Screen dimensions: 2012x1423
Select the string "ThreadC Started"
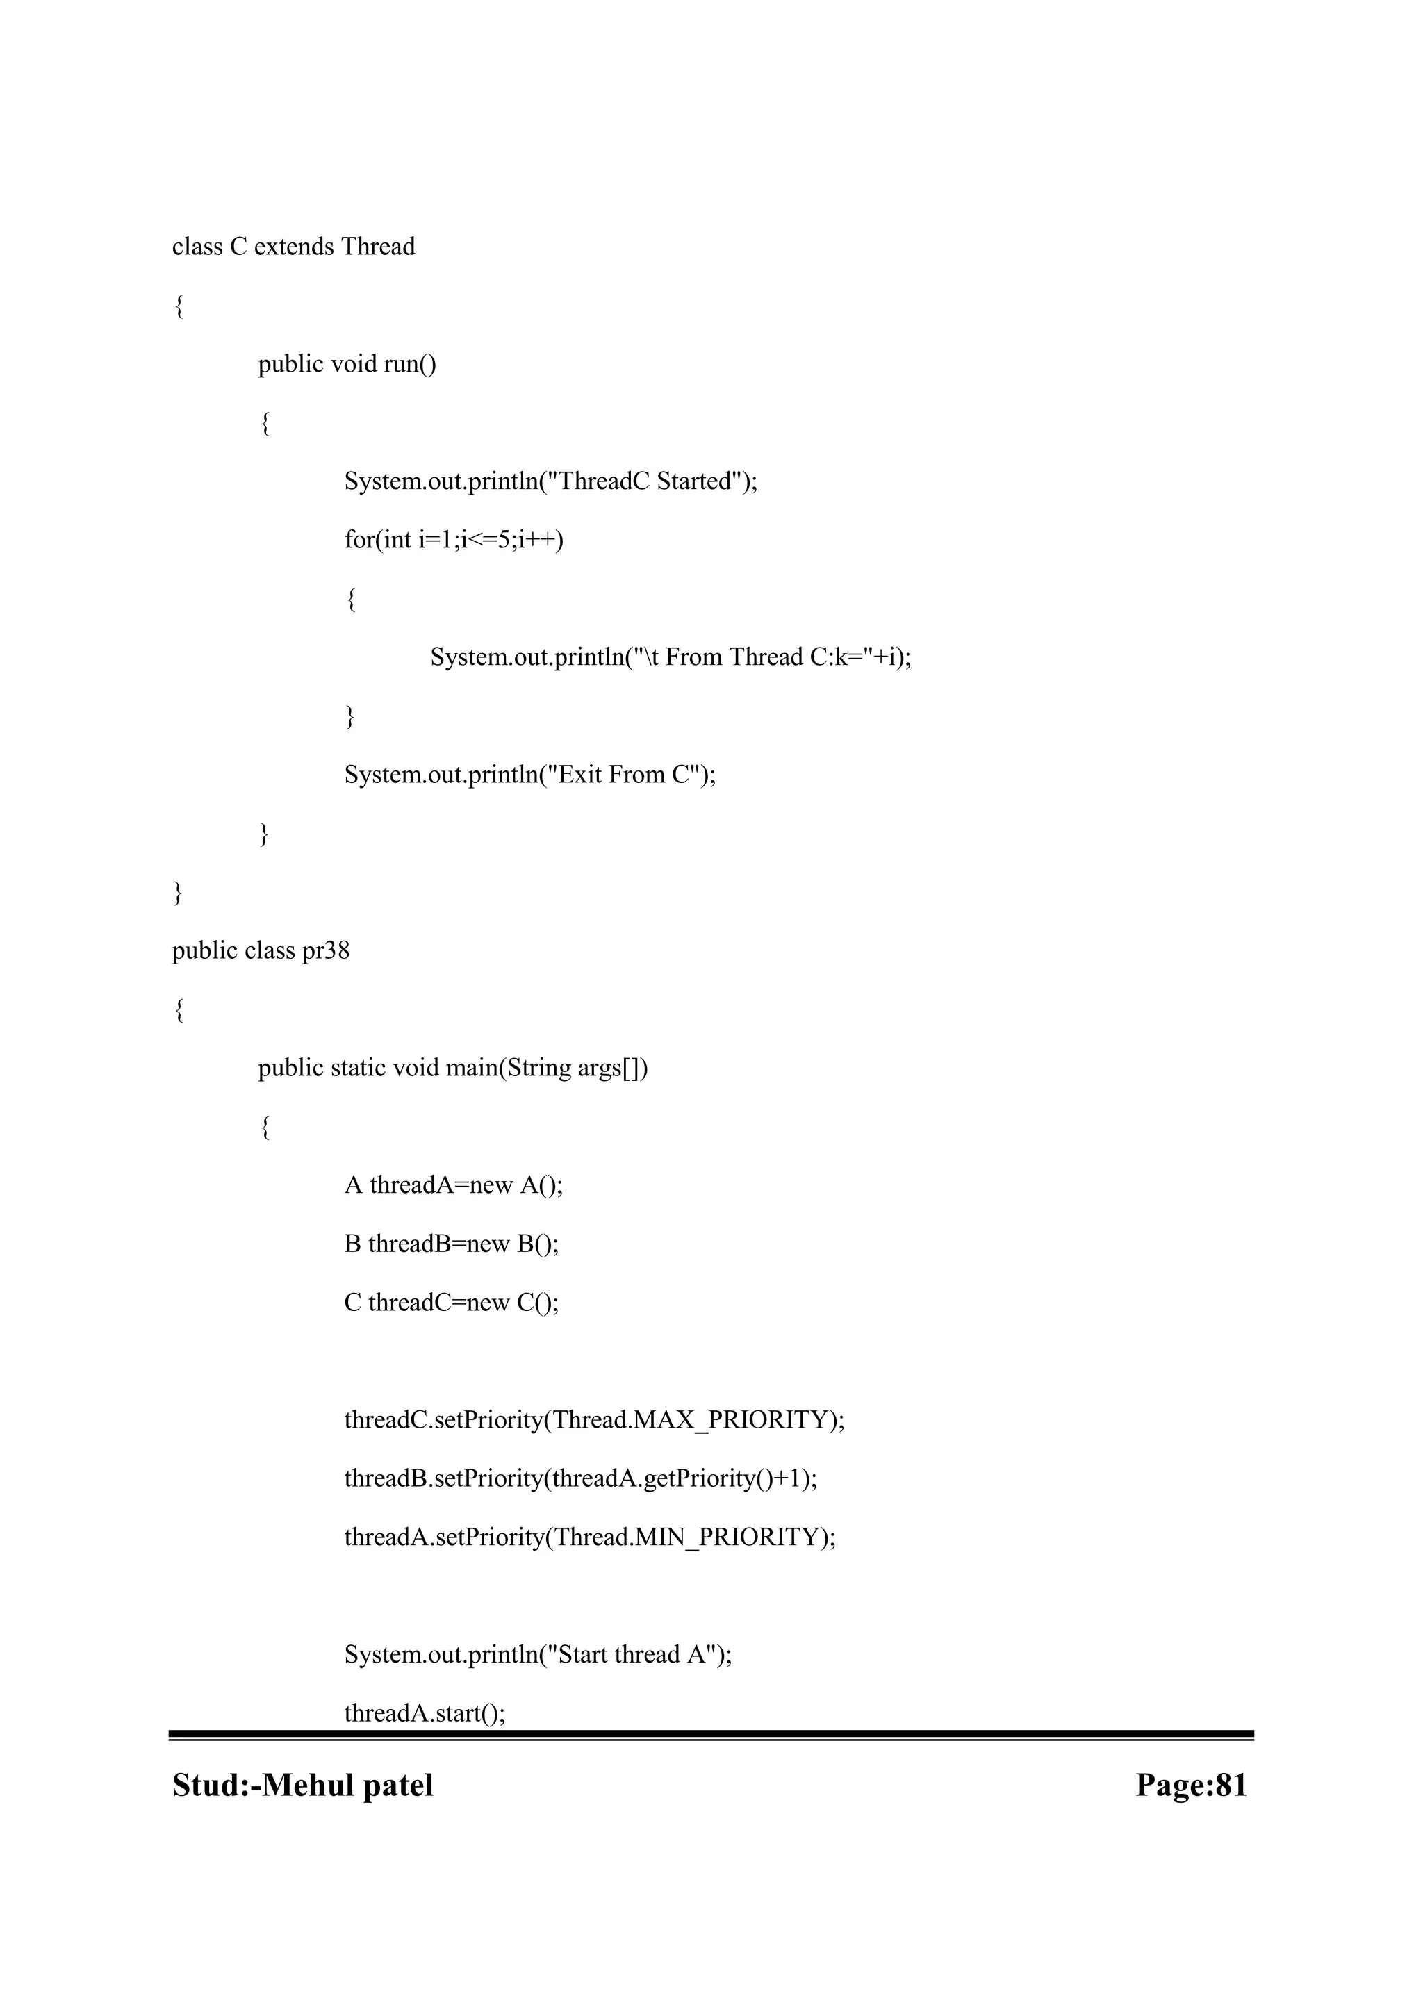tap(645, 481)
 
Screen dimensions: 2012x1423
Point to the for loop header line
tap(454, 540)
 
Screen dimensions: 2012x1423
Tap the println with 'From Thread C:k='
tap(671, 657)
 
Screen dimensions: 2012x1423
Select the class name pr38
tap(326, 951)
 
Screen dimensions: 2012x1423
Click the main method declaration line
tap(453, 1069)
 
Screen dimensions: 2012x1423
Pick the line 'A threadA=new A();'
tap(454, 1186)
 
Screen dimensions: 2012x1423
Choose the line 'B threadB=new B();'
tap(451, 1244)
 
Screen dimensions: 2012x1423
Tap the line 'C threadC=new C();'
tap(451, 1303)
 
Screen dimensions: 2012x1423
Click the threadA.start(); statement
tap(425, 1714)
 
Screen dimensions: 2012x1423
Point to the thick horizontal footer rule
tap(711, 1735)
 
